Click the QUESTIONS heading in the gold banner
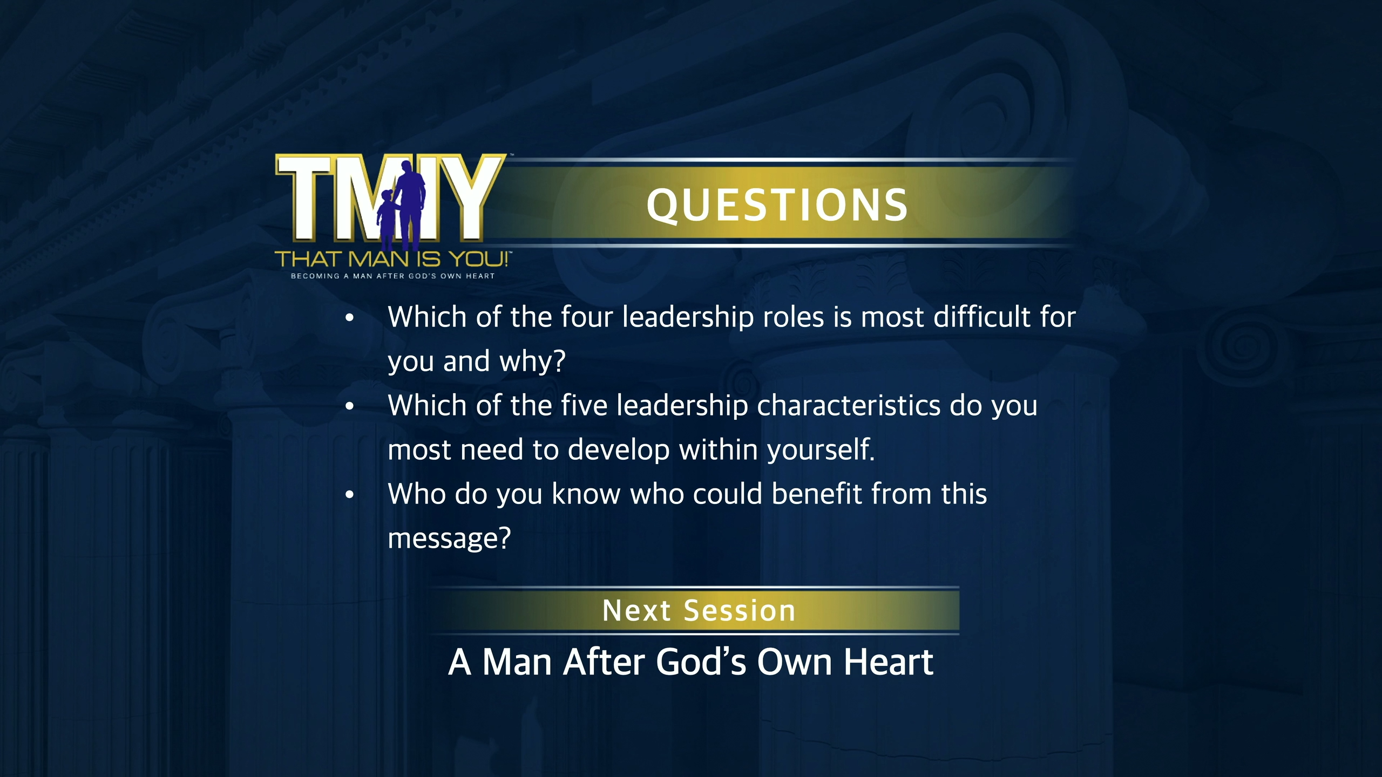coord(777,206)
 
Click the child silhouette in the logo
coord(387,219)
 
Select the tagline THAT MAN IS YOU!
coord(392,260)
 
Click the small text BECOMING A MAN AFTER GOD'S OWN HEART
coord(392,276)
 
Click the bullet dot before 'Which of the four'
coord(350,318)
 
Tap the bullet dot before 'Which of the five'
coord(350,406)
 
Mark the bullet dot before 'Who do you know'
coord(350,495)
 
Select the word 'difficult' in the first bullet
coord(981,317)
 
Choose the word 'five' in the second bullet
coord(584,405)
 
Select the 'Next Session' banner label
coord(699,611)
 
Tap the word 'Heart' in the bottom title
coord(889,662)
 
